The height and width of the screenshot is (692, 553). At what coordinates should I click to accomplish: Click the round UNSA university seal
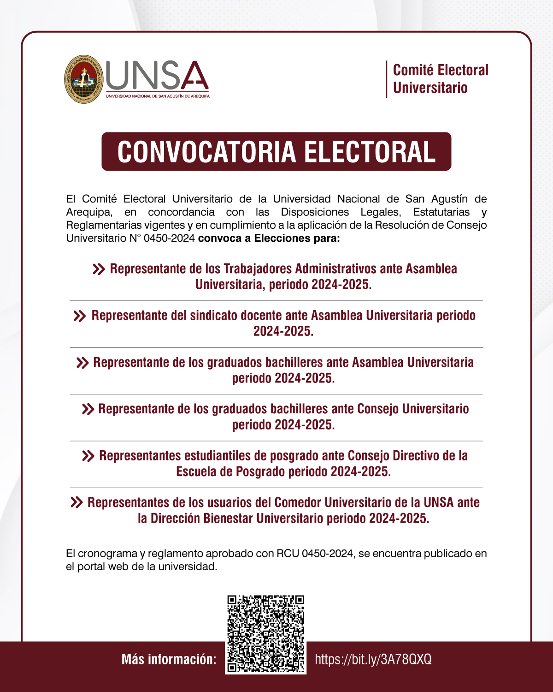tap(83, 79)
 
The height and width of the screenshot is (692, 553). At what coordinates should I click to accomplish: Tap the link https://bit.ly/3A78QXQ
tap(373, 659)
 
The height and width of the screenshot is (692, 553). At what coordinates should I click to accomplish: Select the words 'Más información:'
tap(169, 659)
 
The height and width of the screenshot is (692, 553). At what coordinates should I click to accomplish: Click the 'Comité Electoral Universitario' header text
tap(440, 79)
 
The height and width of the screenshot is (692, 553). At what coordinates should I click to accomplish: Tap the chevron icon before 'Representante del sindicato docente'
tap(80, 316)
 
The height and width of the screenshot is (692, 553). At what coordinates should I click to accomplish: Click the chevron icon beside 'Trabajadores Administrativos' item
tap(99, 269)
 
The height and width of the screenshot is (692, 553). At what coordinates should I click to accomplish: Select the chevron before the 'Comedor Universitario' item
tap(76, 502)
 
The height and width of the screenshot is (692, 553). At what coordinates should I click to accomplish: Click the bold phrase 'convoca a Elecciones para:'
tap(269, 238)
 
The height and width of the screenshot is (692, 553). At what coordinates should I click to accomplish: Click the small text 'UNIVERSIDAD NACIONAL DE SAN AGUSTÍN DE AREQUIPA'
tap(158, 96)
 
